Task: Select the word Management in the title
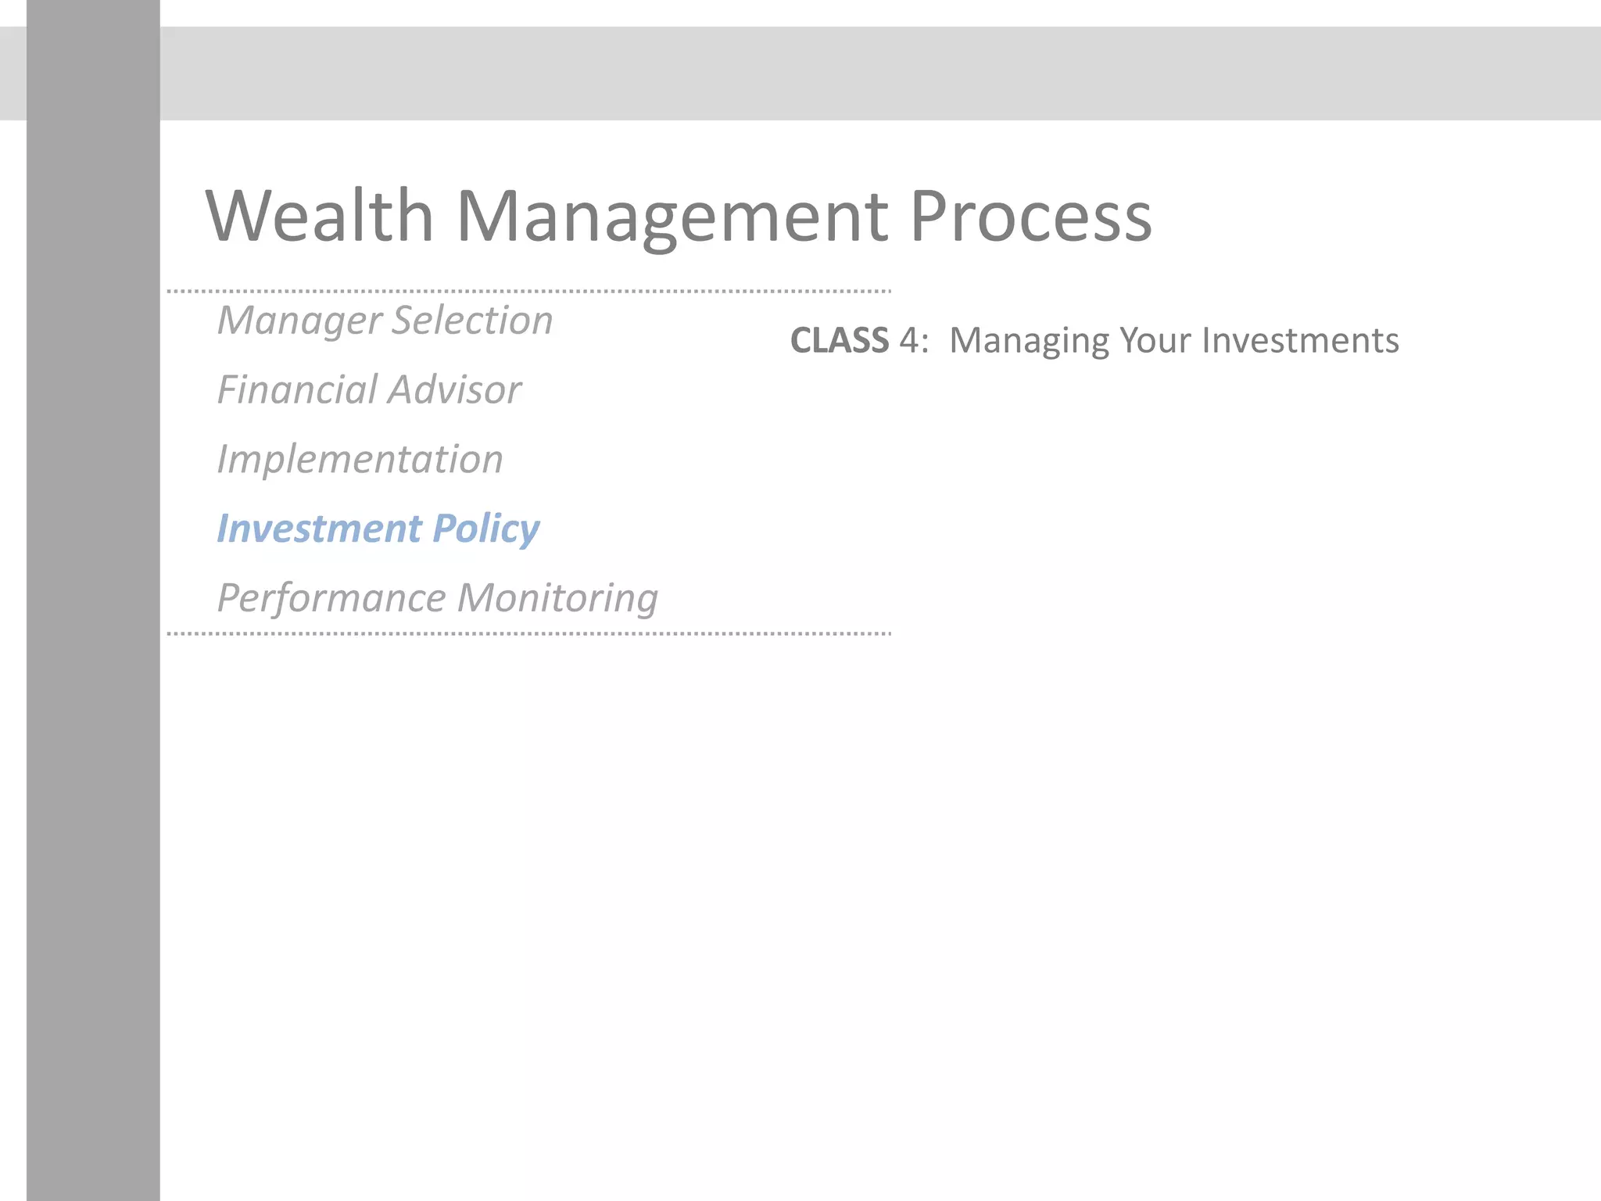(x=671, y=217)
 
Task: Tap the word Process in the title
(x=1030, y=217)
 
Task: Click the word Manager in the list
(x=299, y=321)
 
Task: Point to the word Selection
(x=472, y=320)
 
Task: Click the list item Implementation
(x=360, y=459)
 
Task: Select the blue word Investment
(x=318, y=529)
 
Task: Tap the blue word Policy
(x=485, y=529)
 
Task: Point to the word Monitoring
(x=557, y=599)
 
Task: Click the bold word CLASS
(x=839, y=341)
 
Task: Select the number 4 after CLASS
(x=909, y=341)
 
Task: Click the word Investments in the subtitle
(x=1300, y=341)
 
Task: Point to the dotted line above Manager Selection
(x=528, y=291)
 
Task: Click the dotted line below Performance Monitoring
(x=528, y=633)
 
